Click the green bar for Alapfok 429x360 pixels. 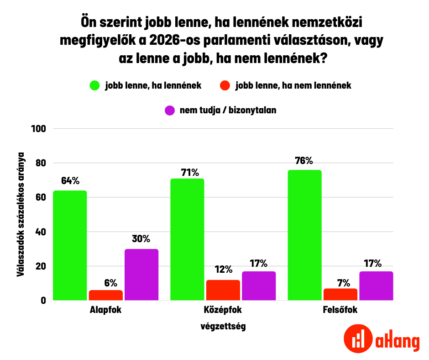click(x=70, y=245)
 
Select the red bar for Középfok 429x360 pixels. click(x=223, y=290)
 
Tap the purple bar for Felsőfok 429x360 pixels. click(x=376, y=286)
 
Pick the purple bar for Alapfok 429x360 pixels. click(x=141, y=275)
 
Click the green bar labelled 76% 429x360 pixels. click(x=304, y=235)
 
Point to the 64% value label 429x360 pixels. click(x=70, y=180)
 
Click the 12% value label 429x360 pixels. click(x=223, y=270)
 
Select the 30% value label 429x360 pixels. click(x=141, y=238)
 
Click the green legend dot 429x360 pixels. click(x=95, y=85)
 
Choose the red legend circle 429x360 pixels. click(x=225, y=85)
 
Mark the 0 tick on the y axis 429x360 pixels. click(x=43, y=301)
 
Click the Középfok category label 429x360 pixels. click(x=223, y=311)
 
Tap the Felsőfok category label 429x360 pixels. click(x=340, y=311)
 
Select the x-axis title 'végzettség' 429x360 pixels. click(x=223, y=327)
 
